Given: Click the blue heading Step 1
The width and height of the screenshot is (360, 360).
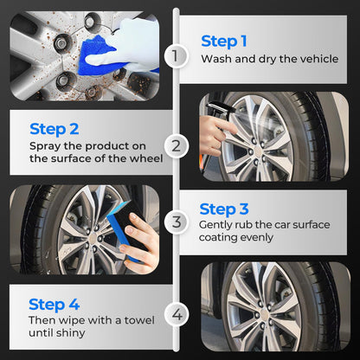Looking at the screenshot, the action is pyautogui.click(x=224, y=42).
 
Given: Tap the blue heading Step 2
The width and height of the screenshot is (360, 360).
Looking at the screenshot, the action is pyautogui.click(x=54, y=130).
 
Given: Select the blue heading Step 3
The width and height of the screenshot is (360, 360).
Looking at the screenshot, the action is pyautogui.click(x=224, y=209).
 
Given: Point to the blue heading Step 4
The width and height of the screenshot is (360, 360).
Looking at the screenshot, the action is pyautogui.click(x=54, y=305).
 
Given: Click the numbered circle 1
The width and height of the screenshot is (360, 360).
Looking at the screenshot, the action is pyautogui.click(x=176, y=55).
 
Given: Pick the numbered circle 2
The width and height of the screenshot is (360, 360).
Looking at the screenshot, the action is pyautogui.click(x=177, y=145).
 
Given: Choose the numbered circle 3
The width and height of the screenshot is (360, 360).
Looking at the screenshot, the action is pyautogui.click(x=177, y=222).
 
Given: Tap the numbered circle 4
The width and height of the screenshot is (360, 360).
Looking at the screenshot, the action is pyautogui.click(x=177, y=314).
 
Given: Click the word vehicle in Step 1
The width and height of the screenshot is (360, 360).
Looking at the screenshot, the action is pyautogui.click(x=319, y=59).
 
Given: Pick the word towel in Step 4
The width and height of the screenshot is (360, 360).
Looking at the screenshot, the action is pyautogui.click(x=139, y=320).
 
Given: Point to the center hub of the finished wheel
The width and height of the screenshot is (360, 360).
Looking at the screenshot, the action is pyautogui.click(x=264, y=314).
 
